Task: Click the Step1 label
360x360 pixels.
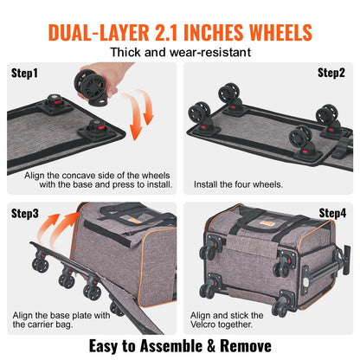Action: tap(26, 73)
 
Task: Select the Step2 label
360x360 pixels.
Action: tap(331, 73)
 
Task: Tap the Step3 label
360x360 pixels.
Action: tap(26, 211)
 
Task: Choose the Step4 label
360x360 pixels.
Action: tap(332, 212)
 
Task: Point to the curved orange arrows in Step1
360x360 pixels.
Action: tap(152, 119)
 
